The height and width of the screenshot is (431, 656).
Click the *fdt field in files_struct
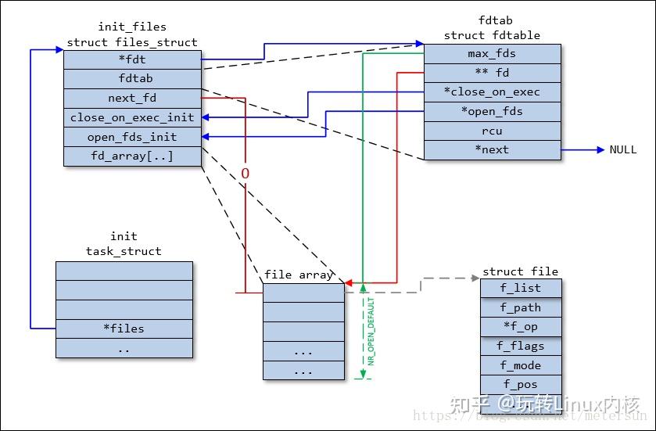[x=132, y=59]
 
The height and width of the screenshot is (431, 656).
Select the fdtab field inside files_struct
[x=132, y=78]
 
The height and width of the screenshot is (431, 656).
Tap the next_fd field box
[x=132, y=98]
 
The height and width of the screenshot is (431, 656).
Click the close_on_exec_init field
[x=132, y=117]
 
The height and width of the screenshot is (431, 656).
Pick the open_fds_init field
[x=132, y=137]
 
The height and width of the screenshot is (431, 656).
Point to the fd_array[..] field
[x=132, y=156]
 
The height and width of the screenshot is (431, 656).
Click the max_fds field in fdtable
[x=492, y=54]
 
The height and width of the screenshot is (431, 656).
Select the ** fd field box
[x=492, y=73]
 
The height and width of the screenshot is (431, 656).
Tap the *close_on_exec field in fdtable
[x=492, y=92]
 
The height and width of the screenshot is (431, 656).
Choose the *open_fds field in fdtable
[x=492, y=111]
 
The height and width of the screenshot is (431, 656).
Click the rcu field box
[x=492, y=131]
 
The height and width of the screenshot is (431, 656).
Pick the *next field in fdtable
[x=492, y=149]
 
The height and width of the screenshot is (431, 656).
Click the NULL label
[x=623, y=149]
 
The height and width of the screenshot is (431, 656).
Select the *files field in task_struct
[x=124, y=328]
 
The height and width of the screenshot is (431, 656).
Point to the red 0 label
[x=245, y=172]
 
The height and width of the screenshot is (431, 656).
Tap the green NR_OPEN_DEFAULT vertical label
[x=371, y=332]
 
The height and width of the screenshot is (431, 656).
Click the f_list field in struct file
[x=521, y=288]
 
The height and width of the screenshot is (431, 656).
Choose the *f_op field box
[x=521, y=326]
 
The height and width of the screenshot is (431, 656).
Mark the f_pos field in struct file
[x=521, y=384]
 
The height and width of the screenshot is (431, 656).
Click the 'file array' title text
[x=299, y=275]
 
